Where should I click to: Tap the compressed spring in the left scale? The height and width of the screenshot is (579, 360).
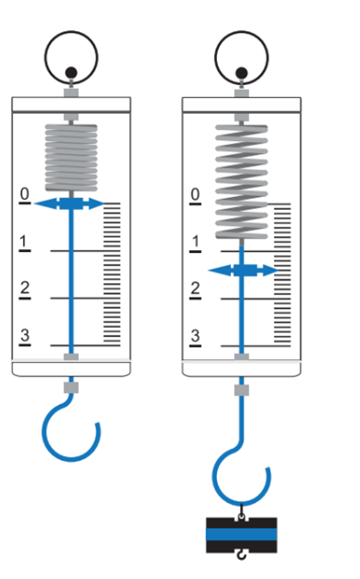[x=71, y=158]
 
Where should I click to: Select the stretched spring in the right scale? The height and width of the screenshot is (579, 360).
[x=242, y=181]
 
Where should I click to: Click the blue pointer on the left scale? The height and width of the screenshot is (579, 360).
[x=71, y=203]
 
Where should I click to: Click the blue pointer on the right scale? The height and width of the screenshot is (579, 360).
[x=243, y=270]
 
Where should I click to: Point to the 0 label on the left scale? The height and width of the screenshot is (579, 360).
[x=25, y=193]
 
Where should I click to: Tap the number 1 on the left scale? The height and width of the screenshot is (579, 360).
[x=24, y=242]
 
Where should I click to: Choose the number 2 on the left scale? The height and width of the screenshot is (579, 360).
[x=25, y=288]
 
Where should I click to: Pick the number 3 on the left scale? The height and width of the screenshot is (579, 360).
[x=25, y=335]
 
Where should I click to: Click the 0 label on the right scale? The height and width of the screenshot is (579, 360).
[x=195, y=194]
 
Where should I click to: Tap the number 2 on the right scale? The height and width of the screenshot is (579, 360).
[x=195, y=289]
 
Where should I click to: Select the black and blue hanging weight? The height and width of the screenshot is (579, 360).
[x=242, y=535]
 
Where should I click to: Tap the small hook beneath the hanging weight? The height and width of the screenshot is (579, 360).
[x=242, y=555]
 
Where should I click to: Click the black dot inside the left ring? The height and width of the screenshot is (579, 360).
[x=71, y=72]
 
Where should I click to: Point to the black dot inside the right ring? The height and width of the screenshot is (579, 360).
[x=242, y=72]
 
